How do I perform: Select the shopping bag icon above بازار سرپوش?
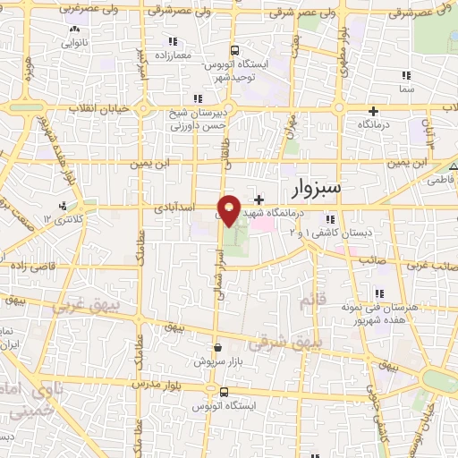point(217,348)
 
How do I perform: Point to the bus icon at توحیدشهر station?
point(234,50)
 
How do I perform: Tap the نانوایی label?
point(74,42)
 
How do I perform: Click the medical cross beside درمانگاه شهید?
point(259,199)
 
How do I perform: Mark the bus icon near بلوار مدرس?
point(222,391)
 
